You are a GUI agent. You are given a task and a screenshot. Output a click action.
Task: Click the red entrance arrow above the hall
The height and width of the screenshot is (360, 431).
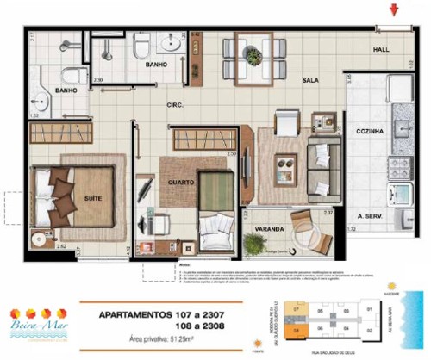[x=394, y=10]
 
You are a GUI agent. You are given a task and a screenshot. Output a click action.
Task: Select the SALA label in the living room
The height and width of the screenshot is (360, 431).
[x=311, y=79]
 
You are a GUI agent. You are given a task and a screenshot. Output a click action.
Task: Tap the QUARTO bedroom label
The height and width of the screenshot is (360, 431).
[x=180, y=182]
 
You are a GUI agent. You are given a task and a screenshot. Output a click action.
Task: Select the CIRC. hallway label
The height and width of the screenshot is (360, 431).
[x=178, y=106]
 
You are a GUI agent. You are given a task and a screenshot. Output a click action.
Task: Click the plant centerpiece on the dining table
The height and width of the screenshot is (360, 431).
[x=253, y=56]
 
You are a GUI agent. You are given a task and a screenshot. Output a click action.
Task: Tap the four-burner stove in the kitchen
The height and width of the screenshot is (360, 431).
[x=401, y=167]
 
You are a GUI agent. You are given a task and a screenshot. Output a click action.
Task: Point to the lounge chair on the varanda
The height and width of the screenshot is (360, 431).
[x=307, y=227]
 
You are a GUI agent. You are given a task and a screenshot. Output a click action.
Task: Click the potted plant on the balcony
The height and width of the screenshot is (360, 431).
[x=253, y=244]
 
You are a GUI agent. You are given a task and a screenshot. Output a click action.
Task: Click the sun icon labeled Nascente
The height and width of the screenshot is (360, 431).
[x=392, y=286]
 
